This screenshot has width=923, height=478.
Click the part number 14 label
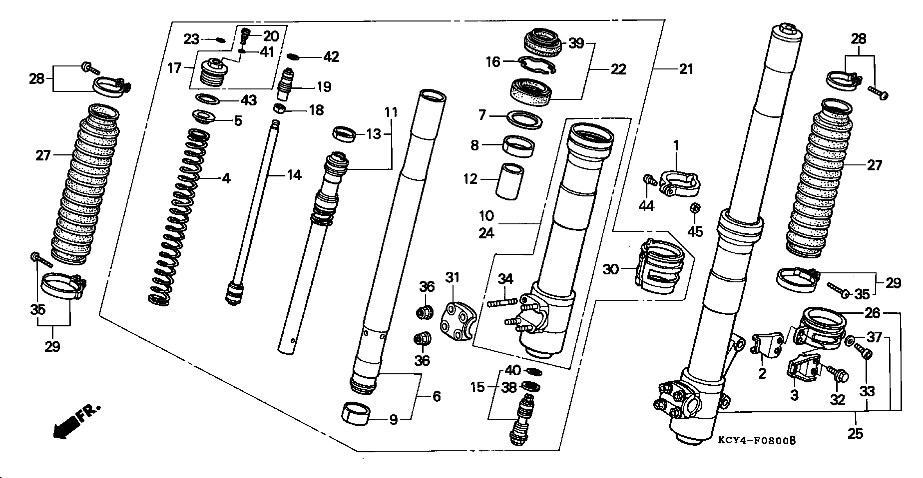pos(294,175)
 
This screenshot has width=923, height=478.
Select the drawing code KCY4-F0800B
pos(756,441)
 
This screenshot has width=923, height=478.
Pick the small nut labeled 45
pos(695,208)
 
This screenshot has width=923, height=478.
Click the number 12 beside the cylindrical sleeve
pos(470,179)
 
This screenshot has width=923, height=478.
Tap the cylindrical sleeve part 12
pos(509,181)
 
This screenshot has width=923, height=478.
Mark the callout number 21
pos(686,69)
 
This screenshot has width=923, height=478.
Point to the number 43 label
pos(248,100)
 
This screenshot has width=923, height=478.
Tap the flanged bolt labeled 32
pos(836,375)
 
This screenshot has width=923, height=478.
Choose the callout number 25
pos(855,434)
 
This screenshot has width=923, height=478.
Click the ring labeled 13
pos(344,134)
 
